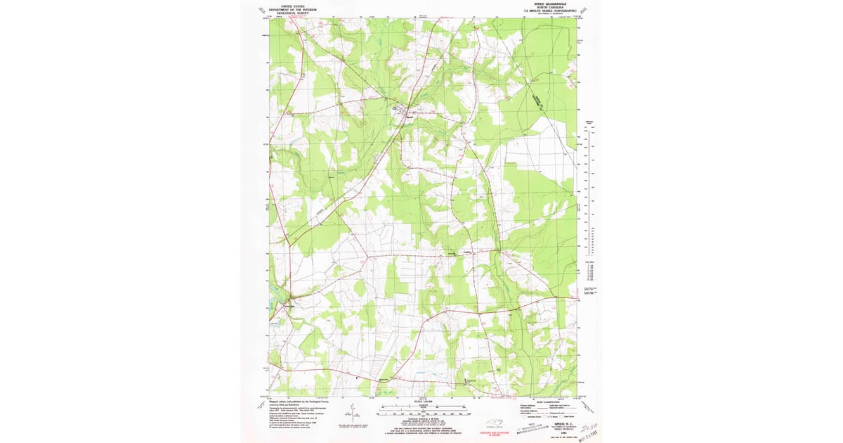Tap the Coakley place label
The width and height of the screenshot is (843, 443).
click(466, 250)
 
